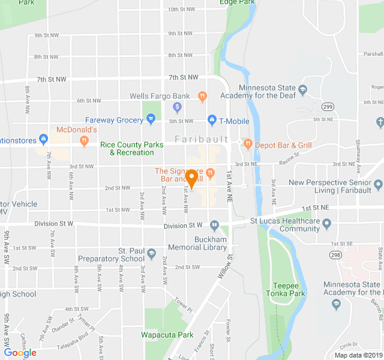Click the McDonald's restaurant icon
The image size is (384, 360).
coord(84,140)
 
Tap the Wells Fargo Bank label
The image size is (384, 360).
coord(160,96)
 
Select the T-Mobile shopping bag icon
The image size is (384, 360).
coord(211,120)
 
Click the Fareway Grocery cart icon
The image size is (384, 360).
coord(149,120)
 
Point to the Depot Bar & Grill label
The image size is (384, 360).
coord(283,145)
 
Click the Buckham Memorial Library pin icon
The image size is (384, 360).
coord(214,226)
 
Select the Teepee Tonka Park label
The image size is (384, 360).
coord(286,290)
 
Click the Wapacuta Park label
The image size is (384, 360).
coord(167,335)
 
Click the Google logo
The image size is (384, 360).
coord(20,352)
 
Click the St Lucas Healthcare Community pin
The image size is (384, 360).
coord(327,224)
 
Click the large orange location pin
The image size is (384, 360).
coord(192,178)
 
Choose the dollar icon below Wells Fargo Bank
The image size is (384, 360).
coord(177,107)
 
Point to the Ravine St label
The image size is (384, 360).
coord(288,157)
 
